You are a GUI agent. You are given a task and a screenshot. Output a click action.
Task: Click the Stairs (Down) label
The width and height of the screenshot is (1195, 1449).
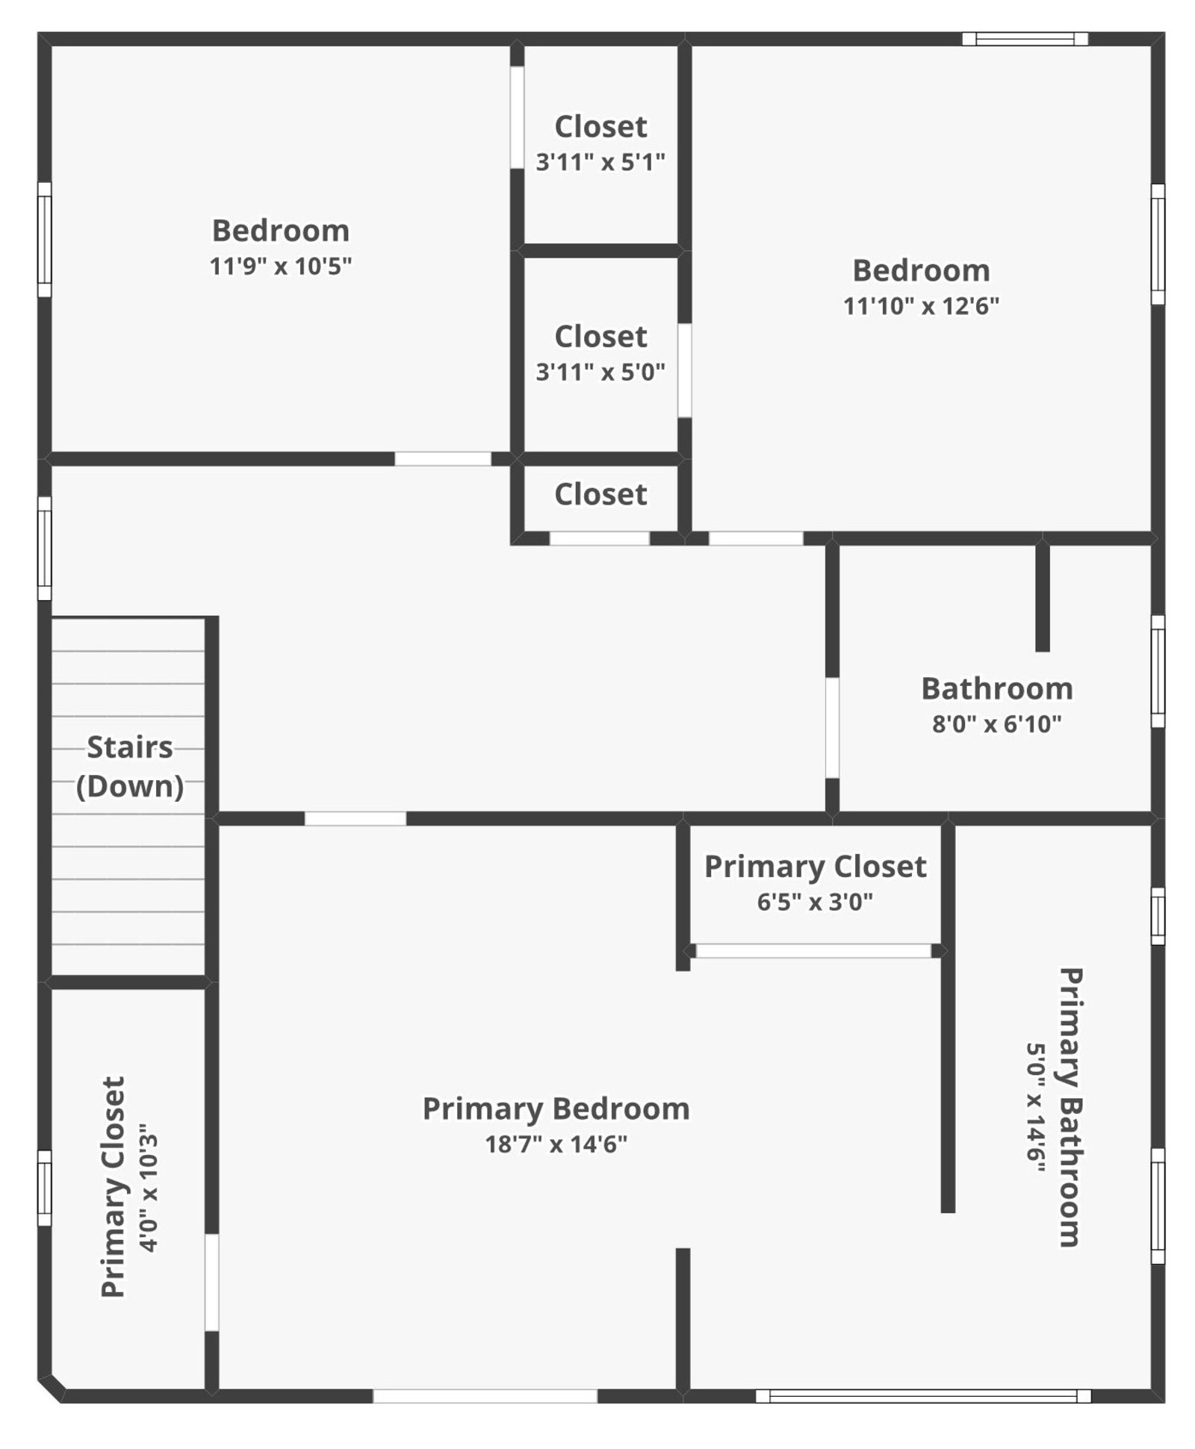130,766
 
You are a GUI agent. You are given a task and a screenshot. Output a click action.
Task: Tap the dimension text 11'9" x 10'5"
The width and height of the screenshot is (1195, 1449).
280,266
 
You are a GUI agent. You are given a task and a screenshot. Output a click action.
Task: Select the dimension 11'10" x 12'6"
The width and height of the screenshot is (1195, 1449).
921,305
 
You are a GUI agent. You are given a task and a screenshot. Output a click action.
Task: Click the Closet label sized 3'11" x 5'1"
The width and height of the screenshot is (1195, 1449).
600,127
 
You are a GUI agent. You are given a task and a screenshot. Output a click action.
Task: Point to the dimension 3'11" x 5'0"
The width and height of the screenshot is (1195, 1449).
600,372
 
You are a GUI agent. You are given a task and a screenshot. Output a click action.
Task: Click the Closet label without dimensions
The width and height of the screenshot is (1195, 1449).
600,494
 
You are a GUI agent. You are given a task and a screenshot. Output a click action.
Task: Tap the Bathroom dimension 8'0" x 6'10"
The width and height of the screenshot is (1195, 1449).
996,723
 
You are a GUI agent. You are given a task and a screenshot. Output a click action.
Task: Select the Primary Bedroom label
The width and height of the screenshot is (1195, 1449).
556,1109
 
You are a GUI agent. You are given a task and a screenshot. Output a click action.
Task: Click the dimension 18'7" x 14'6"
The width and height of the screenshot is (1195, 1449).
556,1144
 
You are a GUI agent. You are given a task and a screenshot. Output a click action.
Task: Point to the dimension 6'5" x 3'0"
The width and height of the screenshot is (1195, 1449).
815,902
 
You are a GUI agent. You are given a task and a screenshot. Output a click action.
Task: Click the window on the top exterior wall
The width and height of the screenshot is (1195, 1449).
1025,39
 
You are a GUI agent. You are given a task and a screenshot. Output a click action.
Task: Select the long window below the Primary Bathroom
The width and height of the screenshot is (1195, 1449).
923,1396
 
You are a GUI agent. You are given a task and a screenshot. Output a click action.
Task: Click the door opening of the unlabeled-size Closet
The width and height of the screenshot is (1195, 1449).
600,538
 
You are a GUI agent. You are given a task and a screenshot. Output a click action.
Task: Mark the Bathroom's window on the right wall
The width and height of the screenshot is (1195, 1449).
1157,670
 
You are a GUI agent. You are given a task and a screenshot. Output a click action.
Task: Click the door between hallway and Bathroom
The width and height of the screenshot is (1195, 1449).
831,728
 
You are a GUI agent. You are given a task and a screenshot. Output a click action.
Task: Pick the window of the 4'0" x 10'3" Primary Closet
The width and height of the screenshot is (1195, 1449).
45,1188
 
